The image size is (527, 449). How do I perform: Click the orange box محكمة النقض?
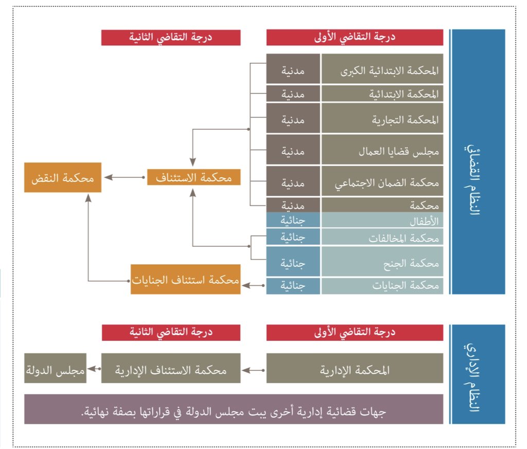(x=63, y=178)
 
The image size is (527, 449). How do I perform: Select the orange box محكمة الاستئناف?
(x=194, y=177)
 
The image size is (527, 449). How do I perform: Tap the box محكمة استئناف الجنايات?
(x=185, y=279)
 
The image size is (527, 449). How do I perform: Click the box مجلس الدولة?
(x=55, y=368)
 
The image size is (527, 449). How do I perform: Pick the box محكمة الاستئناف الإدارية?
(x=171, y=368)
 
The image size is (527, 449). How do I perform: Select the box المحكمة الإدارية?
(x=355, y=368)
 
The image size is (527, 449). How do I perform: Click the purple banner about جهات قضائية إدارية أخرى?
(x=234, y=409)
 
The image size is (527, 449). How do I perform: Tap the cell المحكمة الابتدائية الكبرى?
(x=382, y=69)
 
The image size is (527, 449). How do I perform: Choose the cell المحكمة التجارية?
(x=382, y=119)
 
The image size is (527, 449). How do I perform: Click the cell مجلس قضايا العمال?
(x=382, y=150)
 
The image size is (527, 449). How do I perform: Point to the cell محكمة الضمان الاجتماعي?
(x=382, y=182)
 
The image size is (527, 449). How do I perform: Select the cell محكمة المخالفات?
(x=382, y=237)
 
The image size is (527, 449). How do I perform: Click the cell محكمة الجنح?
(x=382, y=262)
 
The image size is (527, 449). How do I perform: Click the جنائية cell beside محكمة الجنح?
(x=293, y=262)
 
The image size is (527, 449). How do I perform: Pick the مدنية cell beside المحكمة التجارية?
(x=293, y=119)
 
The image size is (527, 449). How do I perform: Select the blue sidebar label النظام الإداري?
(x=478, y=374)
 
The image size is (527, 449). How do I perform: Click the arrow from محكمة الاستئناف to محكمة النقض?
(x=125, y=177)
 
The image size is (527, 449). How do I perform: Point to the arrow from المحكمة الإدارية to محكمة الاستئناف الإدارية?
(x=254, y=369)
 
